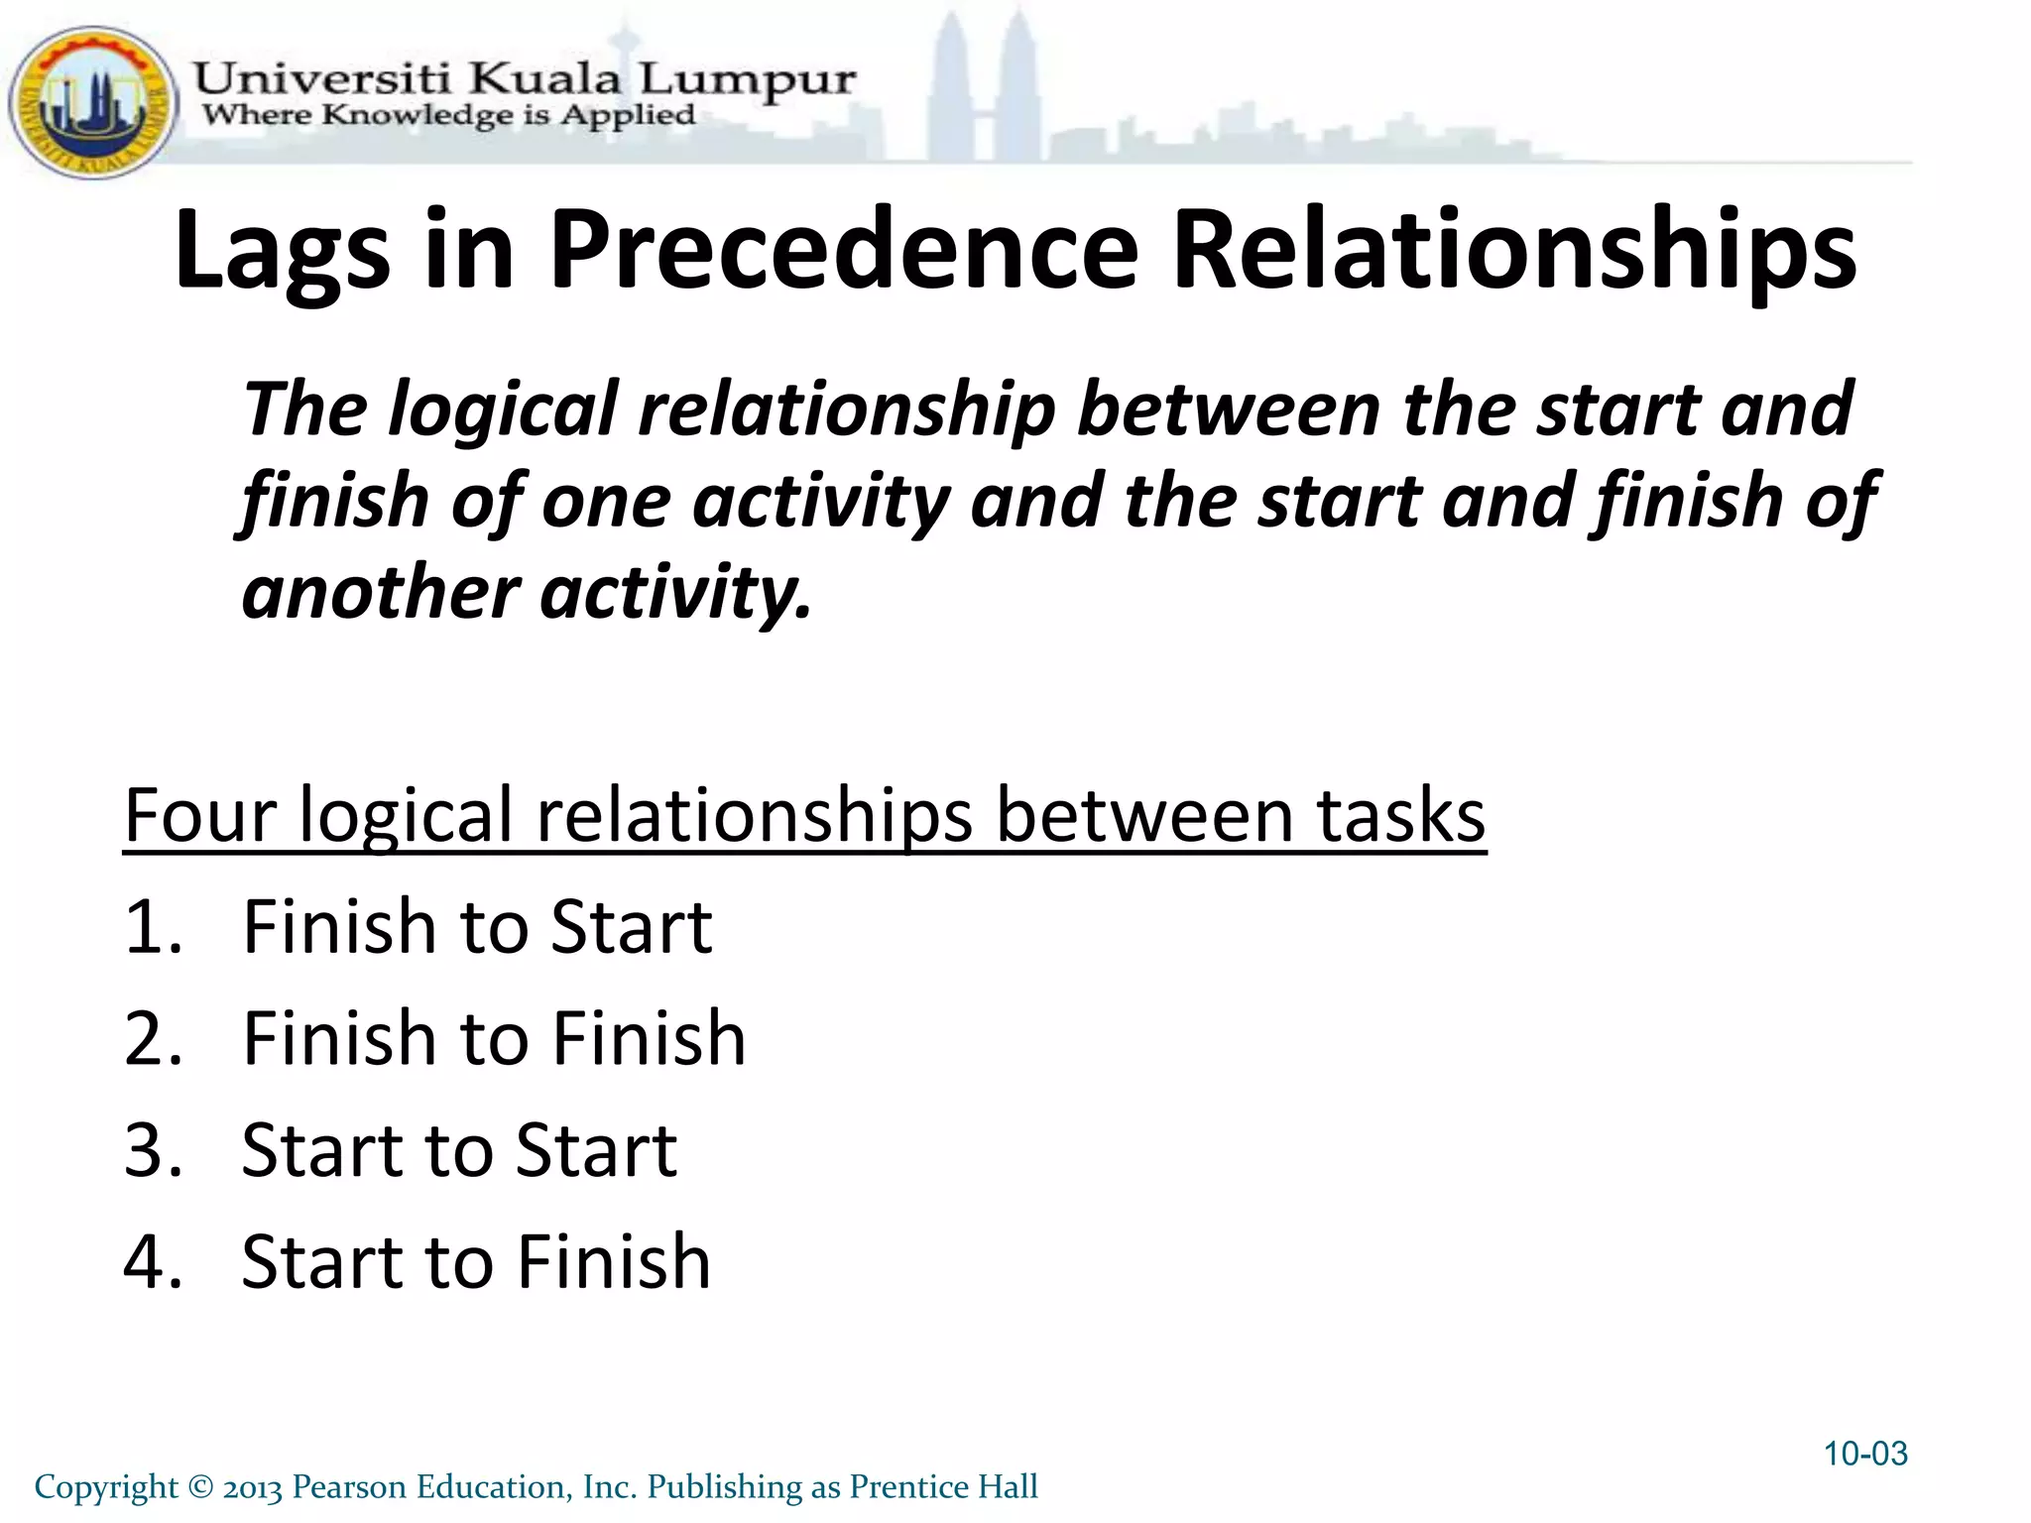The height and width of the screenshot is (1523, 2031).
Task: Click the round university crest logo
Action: pyautogui.click(x=92, y=102)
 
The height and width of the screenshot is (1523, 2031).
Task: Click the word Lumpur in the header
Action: pyautogui.click(x=745, y=79)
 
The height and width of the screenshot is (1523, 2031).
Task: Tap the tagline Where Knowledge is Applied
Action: pyautogui.click(x=448, y=115)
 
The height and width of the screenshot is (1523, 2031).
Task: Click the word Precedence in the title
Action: pyautogui.click(x=843, y=250)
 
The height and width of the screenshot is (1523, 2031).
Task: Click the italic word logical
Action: pyautogui.click(x=503, y=410)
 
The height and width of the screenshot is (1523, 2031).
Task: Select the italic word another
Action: pyautogui.click(x=380, y=592)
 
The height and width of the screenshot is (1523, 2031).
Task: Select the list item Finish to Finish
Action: pyautogui.click(x=494, y=1038)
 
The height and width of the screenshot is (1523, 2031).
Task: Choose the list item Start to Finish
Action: pyautogui.click(x=476, y=1262)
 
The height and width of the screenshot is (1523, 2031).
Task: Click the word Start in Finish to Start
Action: pyautogui.click(x=632, y=927)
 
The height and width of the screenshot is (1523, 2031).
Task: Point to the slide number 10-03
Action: pyautogui.click(x=1865, y=1454)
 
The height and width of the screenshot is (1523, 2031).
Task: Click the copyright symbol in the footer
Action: pyautogui.click(x=199, y=1487)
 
